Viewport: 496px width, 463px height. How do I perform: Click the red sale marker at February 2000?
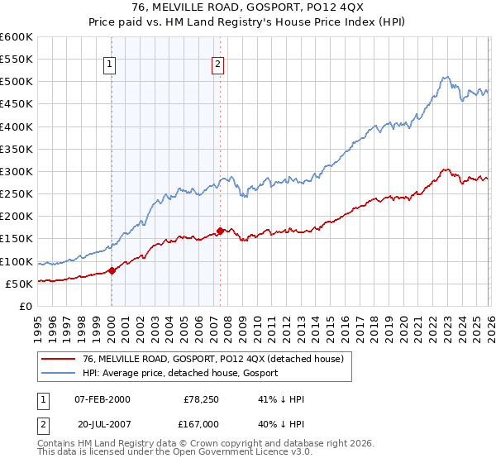click(112, 270)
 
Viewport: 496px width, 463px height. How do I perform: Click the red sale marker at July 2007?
click(220, 231)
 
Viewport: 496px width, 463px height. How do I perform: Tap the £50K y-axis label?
click(20, 284)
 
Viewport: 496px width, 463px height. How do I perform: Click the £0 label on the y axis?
click(26, 306)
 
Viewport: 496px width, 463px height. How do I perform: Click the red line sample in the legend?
click(59, 358)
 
